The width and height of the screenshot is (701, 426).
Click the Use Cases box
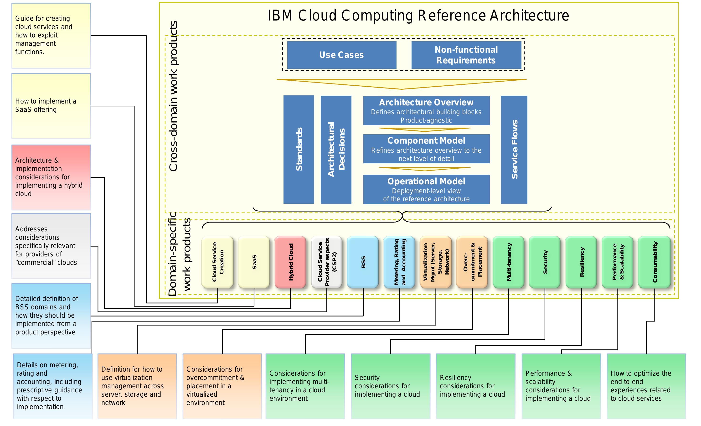coord(341,55)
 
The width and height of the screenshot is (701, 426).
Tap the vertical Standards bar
coord(299,149)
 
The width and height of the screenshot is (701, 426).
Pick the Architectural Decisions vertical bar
coord(336,149)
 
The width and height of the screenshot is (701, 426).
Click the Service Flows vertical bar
coord(514,149)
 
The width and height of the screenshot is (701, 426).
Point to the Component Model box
coord(426,149)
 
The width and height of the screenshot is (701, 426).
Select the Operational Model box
coord(426,189)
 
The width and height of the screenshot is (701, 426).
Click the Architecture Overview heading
coord(426,102)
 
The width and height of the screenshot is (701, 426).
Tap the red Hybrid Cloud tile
coord(290,262)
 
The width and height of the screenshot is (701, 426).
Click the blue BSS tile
coord(363,262)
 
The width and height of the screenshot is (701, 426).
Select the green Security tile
coord(545,262)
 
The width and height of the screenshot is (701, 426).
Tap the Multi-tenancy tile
coord(509,262)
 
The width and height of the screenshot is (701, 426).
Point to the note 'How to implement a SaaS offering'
coord(51,106)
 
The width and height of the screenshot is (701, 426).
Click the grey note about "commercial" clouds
coord(51,246)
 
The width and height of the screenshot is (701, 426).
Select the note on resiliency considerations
coord(475,386)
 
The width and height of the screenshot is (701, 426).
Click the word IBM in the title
coord(280,16)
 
